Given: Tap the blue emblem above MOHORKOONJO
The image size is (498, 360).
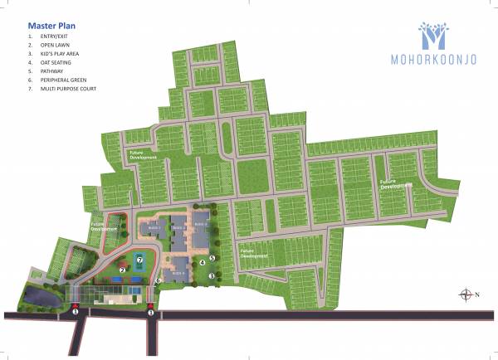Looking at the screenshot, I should coord(434,34).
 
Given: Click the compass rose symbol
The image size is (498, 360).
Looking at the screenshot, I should coord(466,294).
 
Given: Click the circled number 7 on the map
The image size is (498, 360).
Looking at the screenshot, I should coord(141,260).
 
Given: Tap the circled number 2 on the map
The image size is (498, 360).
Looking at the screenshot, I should coord(122,269).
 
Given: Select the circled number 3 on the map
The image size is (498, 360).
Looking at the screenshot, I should coord(212,276).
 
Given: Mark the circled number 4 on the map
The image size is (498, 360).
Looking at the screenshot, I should coord(203,263).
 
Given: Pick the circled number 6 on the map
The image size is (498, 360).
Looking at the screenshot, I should coord(157,280).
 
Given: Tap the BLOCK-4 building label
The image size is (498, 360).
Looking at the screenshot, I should coord(178,270).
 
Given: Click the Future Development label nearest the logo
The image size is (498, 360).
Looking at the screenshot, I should coord(397,183).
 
